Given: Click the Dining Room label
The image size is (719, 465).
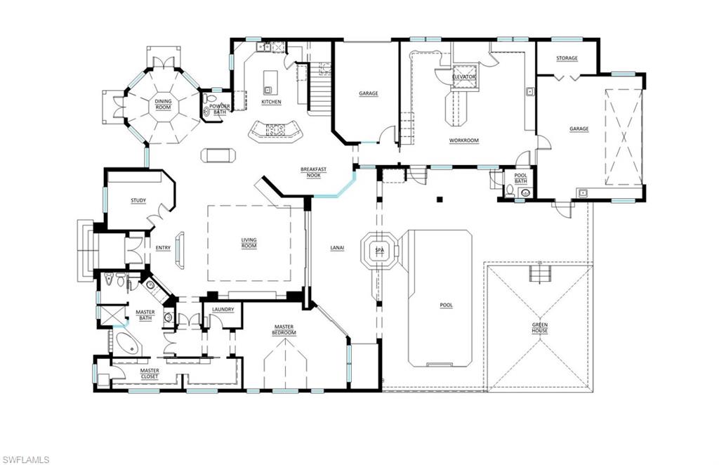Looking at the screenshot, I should click(163, 105).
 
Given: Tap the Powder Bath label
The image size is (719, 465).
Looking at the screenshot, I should click(220, 110).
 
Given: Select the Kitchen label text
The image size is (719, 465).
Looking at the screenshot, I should click(271, 103).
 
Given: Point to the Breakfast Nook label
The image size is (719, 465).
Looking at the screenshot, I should click(313, 173).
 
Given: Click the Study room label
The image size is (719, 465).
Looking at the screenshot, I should click(138, 201).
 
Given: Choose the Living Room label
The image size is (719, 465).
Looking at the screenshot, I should click(249, 243).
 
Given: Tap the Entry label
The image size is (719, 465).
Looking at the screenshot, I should click(163, 247).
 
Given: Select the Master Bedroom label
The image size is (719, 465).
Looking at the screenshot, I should click(284, 330).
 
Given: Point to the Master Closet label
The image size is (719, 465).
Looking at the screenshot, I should click(149, 374).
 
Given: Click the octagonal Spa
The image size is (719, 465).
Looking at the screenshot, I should click(380, 250).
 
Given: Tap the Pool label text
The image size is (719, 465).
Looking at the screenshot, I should click(446, 305).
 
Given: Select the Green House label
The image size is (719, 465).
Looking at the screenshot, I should click(539, 328).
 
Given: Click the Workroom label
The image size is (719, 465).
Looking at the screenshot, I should click(463, 140).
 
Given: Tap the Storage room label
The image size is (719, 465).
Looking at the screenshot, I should click(567, 58).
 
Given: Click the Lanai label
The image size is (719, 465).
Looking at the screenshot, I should click(336, 247).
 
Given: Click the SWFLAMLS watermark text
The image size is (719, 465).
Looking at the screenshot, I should click(25, 459).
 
